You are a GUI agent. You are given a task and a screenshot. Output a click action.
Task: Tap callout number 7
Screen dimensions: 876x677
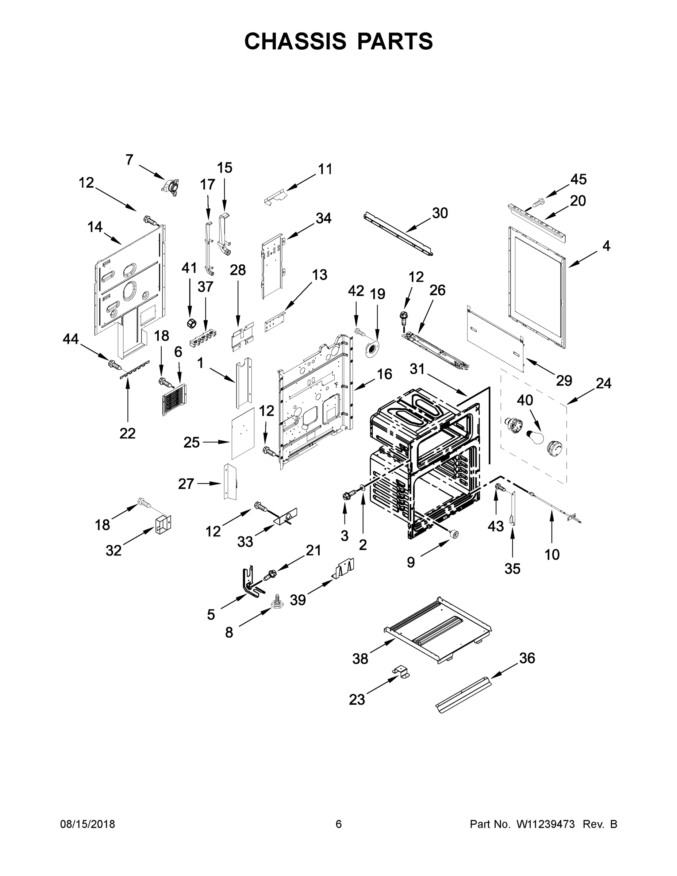pyautogui.click(x=129, y=160)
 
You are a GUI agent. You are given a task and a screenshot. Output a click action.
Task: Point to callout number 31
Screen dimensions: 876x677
pyautogui.click(x=417, y=369)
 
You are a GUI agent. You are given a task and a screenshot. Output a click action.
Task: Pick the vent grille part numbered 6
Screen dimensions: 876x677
pyautogui.click(x=174, y=400)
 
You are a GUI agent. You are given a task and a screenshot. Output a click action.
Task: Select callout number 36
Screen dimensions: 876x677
pyautogui.click(x=527, y=658)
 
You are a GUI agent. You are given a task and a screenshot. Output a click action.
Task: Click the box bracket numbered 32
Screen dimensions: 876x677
pyautogui.click(x=163, y=523)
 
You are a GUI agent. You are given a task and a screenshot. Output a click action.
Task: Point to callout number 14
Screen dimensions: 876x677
pyautogui.click(x=95, y=227)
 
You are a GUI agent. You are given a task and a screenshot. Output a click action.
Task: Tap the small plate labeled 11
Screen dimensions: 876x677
pyautogui.click(x=276, y=197)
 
